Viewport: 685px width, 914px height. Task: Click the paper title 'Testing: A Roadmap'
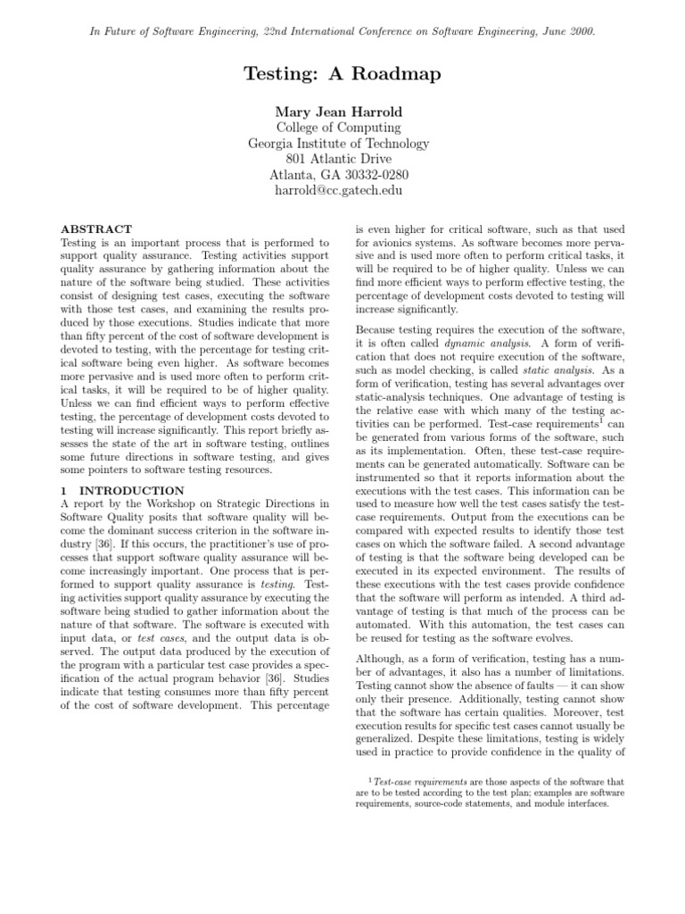342,74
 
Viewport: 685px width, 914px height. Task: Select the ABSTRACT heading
96,229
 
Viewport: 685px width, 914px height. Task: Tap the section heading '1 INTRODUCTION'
122,491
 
